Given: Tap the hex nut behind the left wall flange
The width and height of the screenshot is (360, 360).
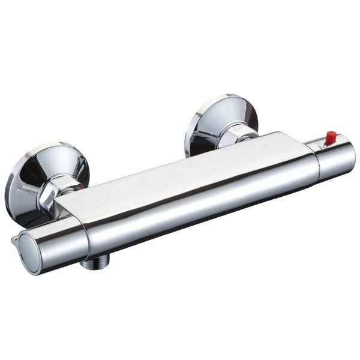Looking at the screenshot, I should pos(59,189).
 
